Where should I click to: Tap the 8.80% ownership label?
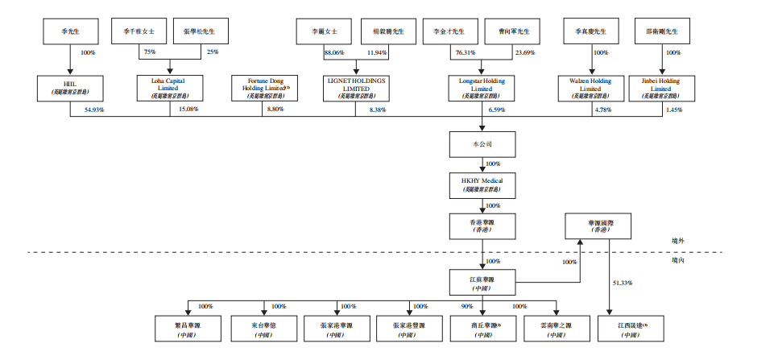[275, 109]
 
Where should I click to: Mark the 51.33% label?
[623, 283]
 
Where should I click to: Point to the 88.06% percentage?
[333, 52]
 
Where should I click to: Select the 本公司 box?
[482, 144]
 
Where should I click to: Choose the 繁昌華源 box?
[187, 329]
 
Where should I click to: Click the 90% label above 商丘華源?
[467, 306]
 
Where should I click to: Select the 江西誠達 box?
[630, 329]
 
